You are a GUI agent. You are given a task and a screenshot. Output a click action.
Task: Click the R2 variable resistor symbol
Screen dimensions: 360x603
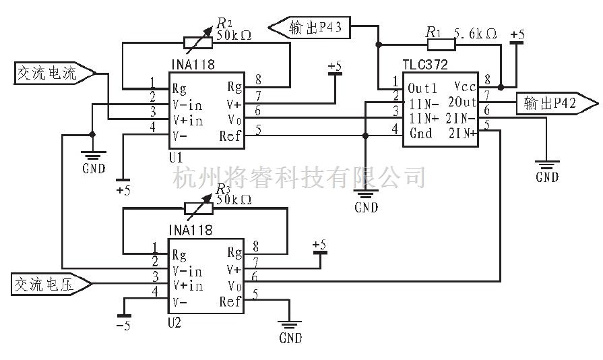coord(198,42)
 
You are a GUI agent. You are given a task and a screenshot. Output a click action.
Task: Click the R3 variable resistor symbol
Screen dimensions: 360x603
coord(198,209)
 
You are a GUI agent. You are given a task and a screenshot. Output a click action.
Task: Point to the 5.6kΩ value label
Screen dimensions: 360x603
coord(476,32)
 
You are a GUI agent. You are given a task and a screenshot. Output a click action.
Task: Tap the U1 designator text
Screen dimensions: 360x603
coord(176,157)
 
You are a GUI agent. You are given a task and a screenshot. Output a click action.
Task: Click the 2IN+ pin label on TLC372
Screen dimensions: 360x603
coord(463,133)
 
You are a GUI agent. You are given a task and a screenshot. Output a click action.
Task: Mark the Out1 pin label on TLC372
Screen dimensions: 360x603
coord(422,88)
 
